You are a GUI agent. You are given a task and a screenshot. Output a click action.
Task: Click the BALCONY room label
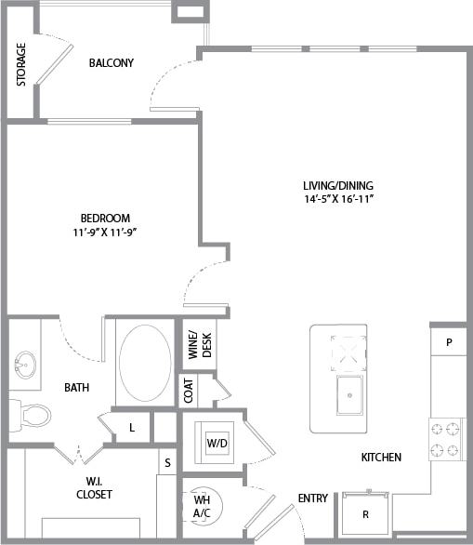click(x=112, y=63)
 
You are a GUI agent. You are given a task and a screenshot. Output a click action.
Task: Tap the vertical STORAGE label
click(x=20, y=64)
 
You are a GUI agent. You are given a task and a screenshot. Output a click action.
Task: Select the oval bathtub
click(x=145, y=363)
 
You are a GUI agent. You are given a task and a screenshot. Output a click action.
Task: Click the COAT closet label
click(x=189, y=392)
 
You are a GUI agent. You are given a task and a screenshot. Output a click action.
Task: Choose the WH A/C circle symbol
click(x=202, y=507)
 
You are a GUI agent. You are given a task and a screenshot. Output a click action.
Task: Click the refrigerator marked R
click(x=364, y=513)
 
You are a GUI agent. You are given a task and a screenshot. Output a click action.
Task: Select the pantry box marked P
click(x=449, y=342)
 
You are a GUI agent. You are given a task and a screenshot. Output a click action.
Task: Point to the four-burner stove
click(x=445, y=440)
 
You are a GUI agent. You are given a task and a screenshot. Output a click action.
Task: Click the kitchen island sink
click(x=349, y=394)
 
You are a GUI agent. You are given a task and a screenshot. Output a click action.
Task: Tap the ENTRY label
click(x=312, y=498)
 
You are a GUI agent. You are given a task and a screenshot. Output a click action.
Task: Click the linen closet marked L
click(x=132, y=427)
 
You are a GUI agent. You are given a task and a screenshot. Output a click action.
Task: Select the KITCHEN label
click(x=381, y=458)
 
